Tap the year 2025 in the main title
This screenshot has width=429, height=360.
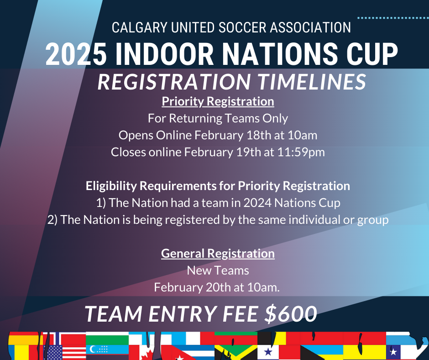point(76,54)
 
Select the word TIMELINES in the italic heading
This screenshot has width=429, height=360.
point(311,82)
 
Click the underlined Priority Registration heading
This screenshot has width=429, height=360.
point(218,101)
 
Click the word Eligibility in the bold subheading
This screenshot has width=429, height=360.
point(111,186)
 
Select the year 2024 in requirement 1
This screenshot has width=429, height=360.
point(257,203)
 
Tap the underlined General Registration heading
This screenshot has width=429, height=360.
point(218,254)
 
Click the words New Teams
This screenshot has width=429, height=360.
point(218,270)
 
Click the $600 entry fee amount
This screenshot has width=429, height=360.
point(291,313)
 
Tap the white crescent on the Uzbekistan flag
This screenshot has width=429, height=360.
point(93,349)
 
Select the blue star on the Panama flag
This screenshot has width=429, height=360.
point(268,351)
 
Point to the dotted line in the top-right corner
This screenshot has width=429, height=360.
point(393,18)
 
